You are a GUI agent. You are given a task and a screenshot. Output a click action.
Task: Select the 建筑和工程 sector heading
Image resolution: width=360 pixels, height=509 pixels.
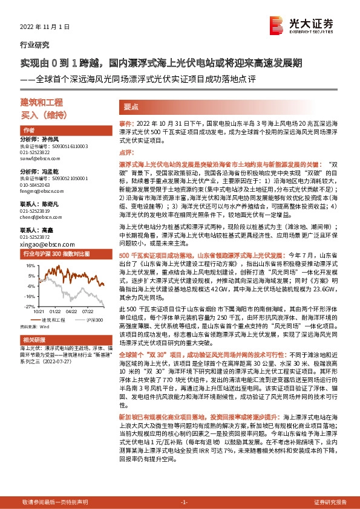coord(42,102)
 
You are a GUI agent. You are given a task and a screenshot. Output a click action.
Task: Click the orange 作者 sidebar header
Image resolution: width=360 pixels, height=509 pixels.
coord(28,131)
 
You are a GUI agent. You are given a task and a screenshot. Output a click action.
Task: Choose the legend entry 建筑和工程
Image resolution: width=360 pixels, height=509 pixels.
coord(51,319)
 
